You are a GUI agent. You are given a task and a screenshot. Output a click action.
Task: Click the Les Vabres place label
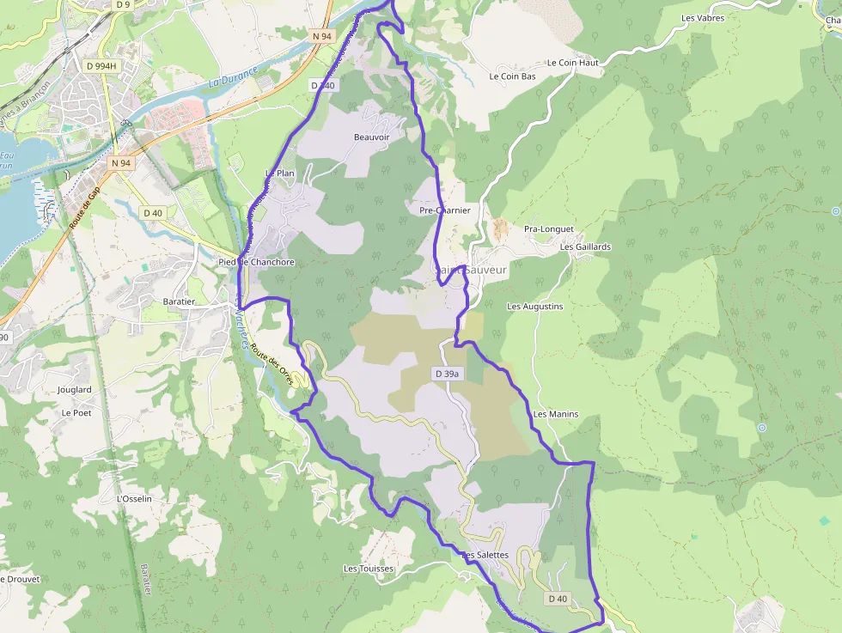click(x=702, y=18)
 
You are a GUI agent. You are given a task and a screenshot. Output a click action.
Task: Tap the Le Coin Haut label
click(x=572, y=63)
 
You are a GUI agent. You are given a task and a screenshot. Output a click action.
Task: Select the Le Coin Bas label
click(x=512, y=76)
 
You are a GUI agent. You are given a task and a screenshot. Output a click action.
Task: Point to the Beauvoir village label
click(x=371, y=137)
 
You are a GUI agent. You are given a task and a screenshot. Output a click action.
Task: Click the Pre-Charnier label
click(x=445, y=210)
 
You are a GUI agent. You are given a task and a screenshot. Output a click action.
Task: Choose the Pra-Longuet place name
click(x=548, y=229)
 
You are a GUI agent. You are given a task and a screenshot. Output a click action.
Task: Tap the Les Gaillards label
click(x=585, y=247)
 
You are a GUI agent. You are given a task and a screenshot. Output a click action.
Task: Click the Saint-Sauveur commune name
click(x=471, y=270)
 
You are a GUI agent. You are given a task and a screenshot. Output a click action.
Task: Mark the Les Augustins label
click(x=534, y=307)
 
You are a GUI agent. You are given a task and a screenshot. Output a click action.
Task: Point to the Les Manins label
click(x=555, y=414)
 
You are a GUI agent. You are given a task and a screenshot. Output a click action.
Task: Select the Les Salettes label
click(x=485, y=555)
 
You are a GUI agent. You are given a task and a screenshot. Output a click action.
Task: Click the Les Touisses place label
click(x=368, y=569)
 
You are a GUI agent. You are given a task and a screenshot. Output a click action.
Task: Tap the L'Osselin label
click(x=133, y=499)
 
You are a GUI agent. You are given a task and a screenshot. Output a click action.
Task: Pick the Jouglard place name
click(x=74, y=390)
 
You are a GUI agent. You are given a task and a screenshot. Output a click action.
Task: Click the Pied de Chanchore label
click(x=256, y=262)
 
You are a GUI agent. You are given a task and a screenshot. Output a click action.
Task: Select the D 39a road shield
click(x=448, y=374)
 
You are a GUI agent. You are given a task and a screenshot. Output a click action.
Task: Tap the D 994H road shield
click(x=101, y=65)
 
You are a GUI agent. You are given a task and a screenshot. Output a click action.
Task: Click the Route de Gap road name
click(x=84, y=207)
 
